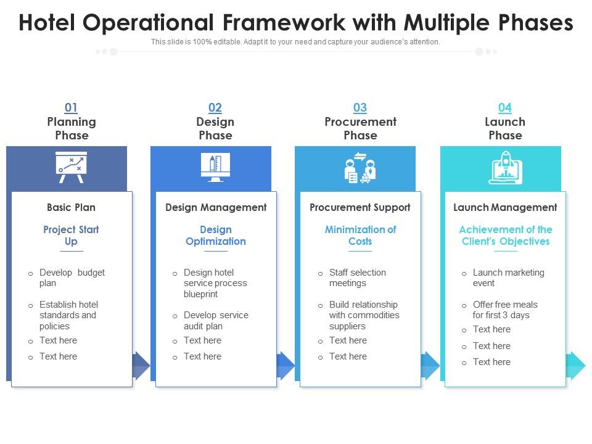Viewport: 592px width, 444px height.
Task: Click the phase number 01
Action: coord(72,108)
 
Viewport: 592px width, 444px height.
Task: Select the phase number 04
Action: coord(504,108)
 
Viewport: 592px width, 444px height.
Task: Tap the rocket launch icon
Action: coord(505,168)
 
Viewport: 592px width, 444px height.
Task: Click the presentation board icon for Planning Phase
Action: coord(71,167)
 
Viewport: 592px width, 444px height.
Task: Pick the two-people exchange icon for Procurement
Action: coord(360,168)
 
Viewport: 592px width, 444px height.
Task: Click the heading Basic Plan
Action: coord(71,207)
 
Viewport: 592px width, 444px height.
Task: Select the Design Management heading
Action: coord(216,207)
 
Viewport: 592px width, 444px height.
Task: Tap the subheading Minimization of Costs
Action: coord(360,235)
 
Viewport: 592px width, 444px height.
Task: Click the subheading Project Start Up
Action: coord(71,235)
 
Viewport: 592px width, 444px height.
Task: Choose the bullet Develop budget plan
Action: coord(72,277)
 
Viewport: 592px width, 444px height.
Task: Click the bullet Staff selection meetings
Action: coord(357,277)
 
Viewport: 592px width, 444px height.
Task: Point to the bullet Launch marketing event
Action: coord(508,277)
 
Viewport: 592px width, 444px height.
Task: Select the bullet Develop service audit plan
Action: coord(215,320)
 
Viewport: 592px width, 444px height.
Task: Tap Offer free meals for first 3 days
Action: coord(504,310)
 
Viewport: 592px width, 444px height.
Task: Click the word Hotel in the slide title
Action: coord(47,23)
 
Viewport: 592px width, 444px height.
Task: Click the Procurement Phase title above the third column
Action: coord(360,128)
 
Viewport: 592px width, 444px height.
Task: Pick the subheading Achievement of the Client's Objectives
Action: coord(505,235)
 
